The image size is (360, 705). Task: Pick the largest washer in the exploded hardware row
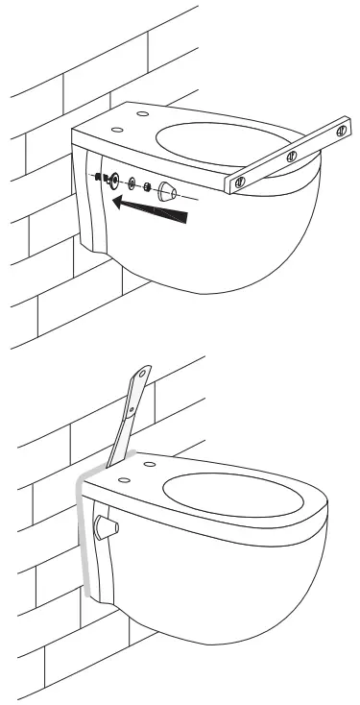[x=114, y=180]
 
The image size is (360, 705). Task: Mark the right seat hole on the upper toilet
[x=143, y=114]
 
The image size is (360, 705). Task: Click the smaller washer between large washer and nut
[x=132, y=182]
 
